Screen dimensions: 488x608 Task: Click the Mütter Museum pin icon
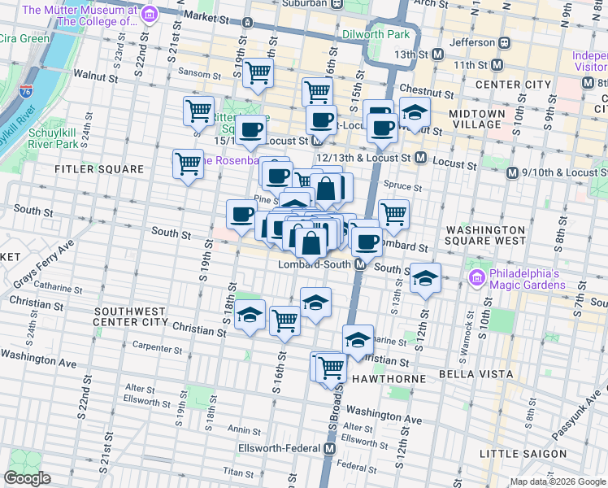point(149,14)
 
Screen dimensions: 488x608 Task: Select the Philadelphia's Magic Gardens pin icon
point(478,278)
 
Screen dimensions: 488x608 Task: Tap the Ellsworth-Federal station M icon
point(330,448)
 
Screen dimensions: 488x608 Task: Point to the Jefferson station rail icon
point(504,42)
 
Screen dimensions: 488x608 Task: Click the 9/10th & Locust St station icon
point(512,172)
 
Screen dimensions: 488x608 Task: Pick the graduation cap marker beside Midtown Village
point(415,112)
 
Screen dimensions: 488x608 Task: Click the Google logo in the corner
point(27,478)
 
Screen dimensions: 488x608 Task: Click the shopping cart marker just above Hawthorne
point(331,367)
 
